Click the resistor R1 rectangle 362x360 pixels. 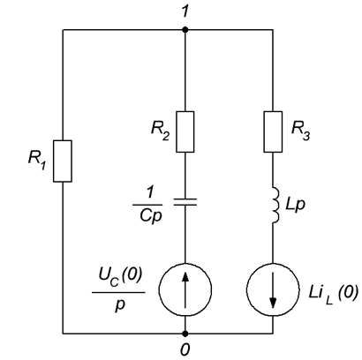[63, 161]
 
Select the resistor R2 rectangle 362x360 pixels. [185, 131]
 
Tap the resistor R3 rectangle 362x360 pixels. [273, 131]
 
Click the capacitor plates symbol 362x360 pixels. [185, 202]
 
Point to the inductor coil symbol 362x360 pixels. [275, 205]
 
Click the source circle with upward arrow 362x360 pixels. [185, 289]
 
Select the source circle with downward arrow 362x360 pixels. [273, 289]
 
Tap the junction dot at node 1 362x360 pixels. [185, 30]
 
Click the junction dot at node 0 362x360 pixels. [185, 334]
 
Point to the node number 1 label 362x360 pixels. [185, 11]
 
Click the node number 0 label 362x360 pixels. [185, 350]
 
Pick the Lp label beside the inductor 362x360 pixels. [295, 206]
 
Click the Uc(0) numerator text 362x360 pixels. [120, 276]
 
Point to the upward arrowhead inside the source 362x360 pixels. [185, 276]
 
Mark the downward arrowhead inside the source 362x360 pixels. [273, 303]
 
